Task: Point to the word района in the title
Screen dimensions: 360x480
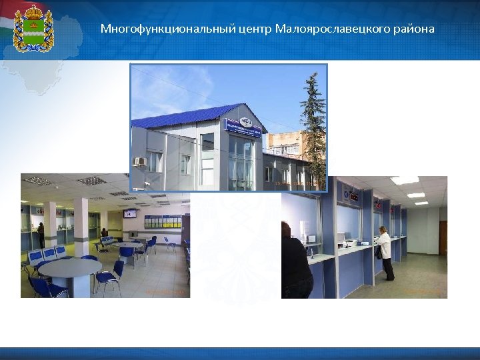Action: (x=414, y=29)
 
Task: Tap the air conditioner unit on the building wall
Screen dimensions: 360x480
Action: (x=139, y=161)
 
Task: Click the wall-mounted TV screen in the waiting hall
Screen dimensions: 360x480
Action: (x=130, y=213)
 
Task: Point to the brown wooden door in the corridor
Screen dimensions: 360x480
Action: (x=443, y=237)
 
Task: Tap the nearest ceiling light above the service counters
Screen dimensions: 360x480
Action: (x=404, y=180)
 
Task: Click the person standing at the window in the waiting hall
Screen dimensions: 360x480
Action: (x=41, y=233)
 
